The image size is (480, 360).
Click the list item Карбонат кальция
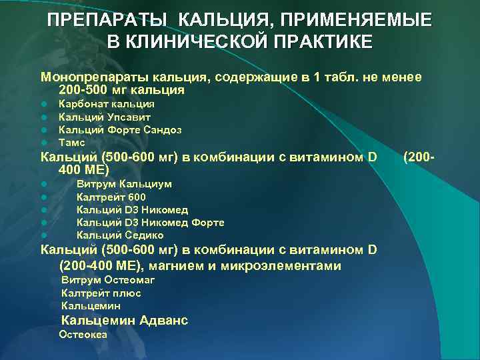pyautogui.click(x=107, y=104)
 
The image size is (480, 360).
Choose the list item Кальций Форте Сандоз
pyautogui.click(x=120, y=129)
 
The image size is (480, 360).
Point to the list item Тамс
pyautogui.click(x=72, y=142)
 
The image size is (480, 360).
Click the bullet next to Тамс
pyautogui.click(x=43, y=143)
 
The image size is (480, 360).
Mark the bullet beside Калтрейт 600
pyautogui.click(x=43, y=197)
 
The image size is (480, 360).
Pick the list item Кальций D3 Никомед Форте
pyautogui.click(x=150, y=223)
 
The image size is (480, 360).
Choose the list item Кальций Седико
pyautogui.click(x=120, y=235)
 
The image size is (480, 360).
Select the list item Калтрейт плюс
pyautogui.click(x=101, y=293)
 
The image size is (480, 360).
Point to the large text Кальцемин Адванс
pyautogui.click(x=124, y=321)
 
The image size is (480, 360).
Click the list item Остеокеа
pyautogui.click(x=83, y=335)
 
